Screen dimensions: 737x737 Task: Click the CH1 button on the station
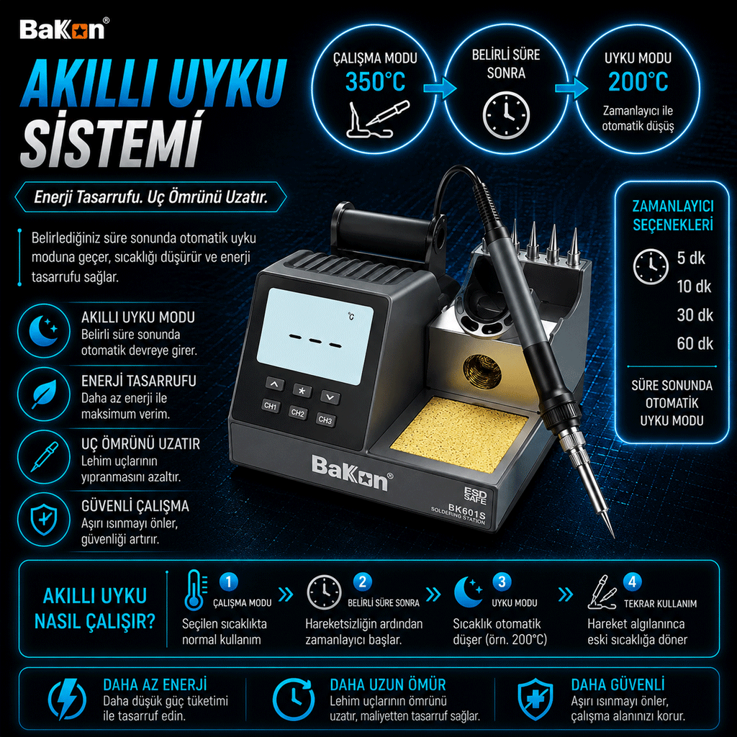[x=271, y=406]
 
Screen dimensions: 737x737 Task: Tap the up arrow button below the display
[x=274, y=384]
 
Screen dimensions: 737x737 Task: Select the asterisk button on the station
[x=302, y=391]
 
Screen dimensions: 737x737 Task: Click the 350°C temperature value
[x=375, y=82]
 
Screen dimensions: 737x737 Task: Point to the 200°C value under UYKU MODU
[x=638, y=82]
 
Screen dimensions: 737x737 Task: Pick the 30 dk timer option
[x=695, y=315]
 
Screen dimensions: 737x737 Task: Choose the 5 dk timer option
[x=691, y=258]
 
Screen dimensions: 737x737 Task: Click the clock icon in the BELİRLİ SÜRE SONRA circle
[x=506, y=114]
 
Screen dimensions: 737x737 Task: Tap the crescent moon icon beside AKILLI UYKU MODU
[x=44, y=330]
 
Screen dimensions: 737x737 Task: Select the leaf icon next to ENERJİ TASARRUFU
[x=44, y=394]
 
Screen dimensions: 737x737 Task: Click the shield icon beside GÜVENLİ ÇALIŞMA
[x=44, y=520]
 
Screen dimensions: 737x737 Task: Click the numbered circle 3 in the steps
[x=502, y=582]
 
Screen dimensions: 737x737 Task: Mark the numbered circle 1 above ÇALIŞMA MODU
[x=229, y=582]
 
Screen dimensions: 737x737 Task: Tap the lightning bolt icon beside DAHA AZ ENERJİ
[x=67, y=699]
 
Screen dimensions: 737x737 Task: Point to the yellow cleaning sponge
[x=459, y=435]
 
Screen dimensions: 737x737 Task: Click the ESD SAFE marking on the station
[x=475, y=495]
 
